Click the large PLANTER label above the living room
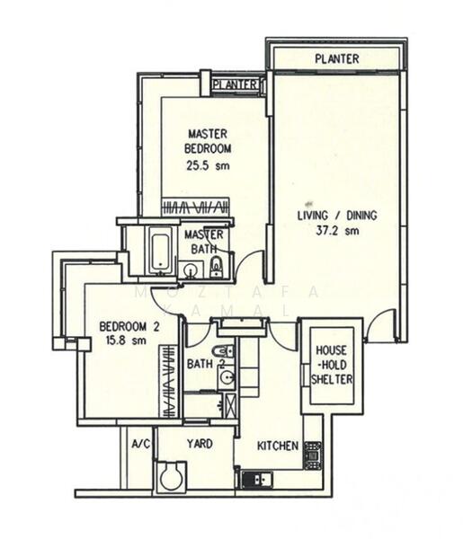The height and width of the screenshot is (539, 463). click(337, 59)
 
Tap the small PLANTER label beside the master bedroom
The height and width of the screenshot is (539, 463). click(236, 85)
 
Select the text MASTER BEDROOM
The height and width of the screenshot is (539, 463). click(208, 141)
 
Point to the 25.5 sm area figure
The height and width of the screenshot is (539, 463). click(208, 165)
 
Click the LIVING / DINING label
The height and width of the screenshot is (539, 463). click(337, 216)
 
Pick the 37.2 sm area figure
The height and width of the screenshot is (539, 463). click(337, 231)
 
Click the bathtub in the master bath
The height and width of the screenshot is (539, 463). click(160, 251)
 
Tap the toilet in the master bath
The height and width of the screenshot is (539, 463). click(216, 267)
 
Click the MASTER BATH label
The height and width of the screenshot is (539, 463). click(205, 243)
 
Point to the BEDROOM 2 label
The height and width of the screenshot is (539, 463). click(129, 327)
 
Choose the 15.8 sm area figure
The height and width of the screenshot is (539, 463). click(127, 341)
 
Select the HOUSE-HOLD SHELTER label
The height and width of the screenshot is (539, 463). click(331, 363)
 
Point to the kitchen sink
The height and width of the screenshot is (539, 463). click(252, 480)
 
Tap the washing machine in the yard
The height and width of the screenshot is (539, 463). click(172, 476)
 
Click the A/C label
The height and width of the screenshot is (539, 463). click(140, 444)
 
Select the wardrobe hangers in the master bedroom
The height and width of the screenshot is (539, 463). click(196, 208)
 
